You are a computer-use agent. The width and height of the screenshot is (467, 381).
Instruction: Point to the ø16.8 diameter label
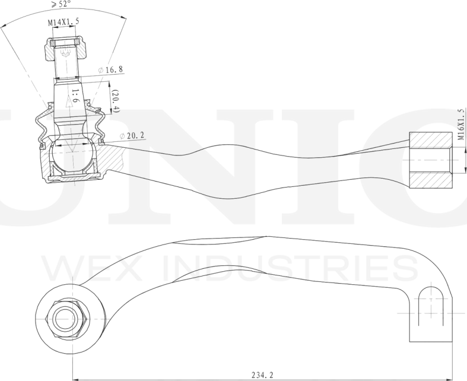click(111, 70)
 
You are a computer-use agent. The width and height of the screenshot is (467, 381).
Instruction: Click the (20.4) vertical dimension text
click(116, 101)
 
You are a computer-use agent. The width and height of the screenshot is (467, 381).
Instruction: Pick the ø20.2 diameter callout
click(132, 136)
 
